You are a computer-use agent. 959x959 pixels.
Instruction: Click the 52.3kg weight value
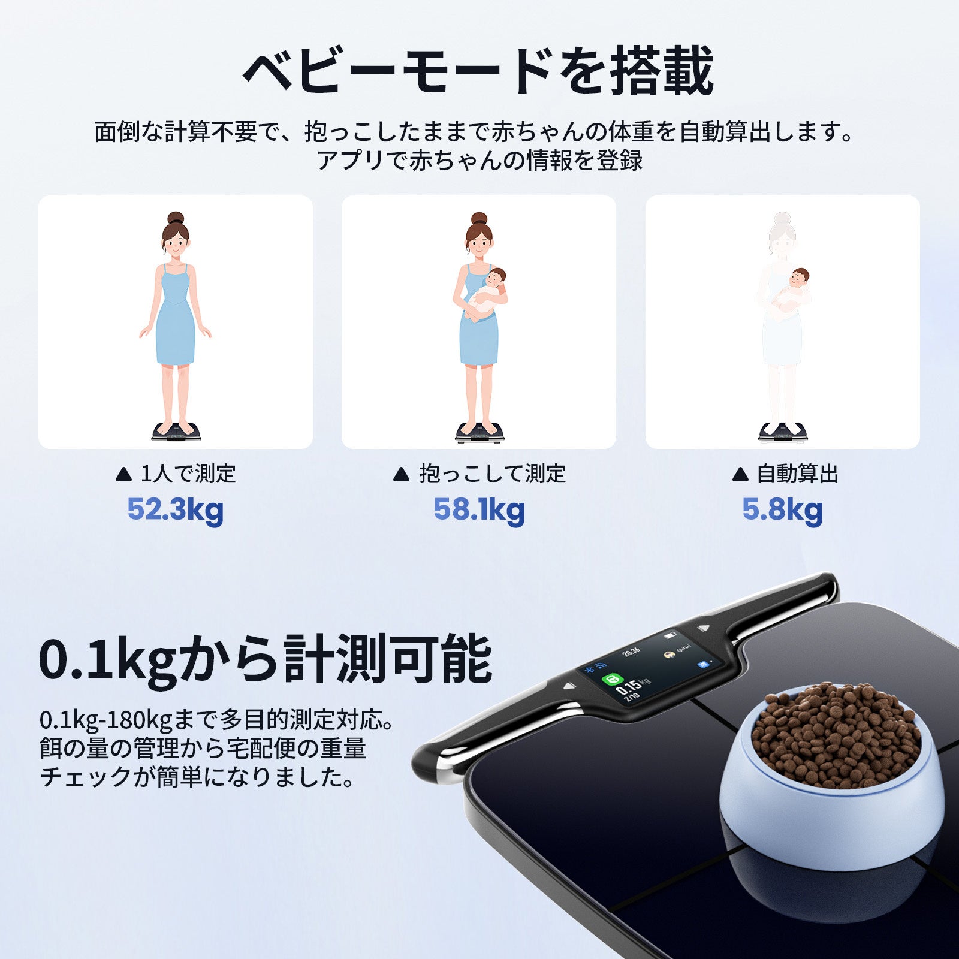(x=175, y=510)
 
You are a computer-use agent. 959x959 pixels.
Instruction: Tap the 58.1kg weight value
(x=479, y=510)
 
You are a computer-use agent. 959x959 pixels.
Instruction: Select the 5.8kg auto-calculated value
(x=782, y=510)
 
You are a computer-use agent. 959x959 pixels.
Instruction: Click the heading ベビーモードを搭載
(x=478, y=71)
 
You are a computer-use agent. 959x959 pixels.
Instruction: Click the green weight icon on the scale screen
(x=612, y=680)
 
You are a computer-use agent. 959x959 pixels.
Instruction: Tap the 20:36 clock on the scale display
(x=631, y=652)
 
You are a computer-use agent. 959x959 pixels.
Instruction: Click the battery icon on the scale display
(x=670, y=635)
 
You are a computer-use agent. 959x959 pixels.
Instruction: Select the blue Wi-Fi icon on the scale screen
(x=600, y=665)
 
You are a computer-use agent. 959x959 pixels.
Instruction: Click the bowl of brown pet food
(x=833, y=773)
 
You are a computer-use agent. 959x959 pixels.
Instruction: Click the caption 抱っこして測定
(x=479, y=474)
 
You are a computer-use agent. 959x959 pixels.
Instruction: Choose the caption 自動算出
(x=785, y=474)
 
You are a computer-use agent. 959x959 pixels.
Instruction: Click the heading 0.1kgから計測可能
(x=266, y=659)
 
